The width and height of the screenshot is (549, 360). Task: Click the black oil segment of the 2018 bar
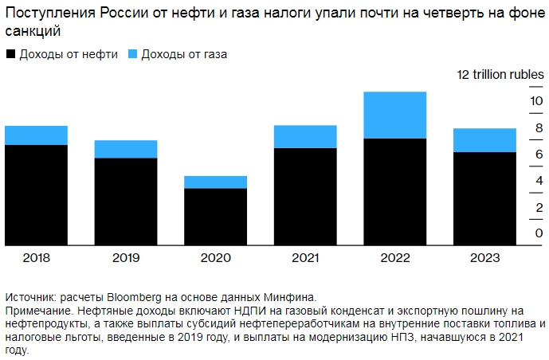coord(36,195)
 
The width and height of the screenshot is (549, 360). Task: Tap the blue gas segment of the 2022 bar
coord(394,115)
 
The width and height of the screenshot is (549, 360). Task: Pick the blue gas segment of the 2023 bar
coord(484,140)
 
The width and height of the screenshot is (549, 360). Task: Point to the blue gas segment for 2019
coord(126,149)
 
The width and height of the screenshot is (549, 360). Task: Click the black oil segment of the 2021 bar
coord(305,197)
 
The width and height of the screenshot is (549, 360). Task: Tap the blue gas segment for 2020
coord(215,182)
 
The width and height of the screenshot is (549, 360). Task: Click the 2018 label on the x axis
coord(36,258)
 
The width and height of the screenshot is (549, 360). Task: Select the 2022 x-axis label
coord(394,258)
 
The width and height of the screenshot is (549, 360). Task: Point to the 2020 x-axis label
coord(215,258)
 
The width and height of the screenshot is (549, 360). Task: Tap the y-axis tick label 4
coord(517,181)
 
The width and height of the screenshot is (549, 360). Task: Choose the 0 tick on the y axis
coord(517,233)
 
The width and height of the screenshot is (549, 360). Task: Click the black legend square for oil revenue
coord(10,55)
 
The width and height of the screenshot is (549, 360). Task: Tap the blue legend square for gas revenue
coord(132,55)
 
